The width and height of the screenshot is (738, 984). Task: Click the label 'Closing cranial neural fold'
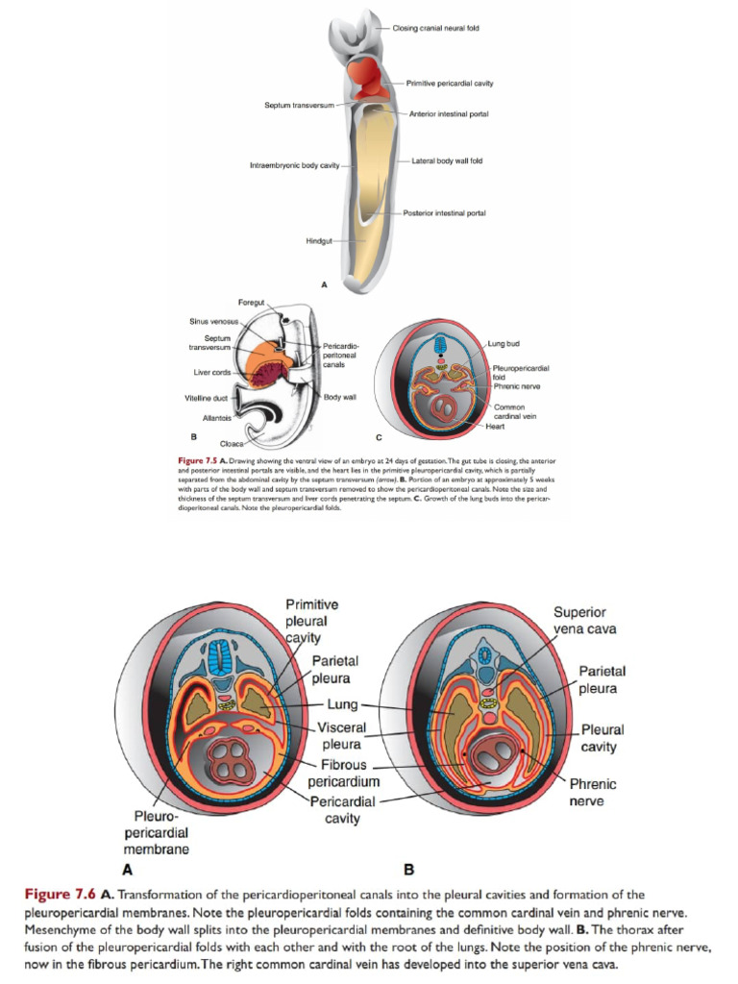[x=435, y=28]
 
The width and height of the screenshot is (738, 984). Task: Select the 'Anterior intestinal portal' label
[x=448, y=114]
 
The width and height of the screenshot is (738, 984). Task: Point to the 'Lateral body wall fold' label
[x=447, y=160]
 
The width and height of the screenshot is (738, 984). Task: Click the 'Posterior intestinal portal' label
[x=444, y=212]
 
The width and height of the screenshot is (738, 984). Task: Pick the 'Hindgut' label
[x=319, y=240]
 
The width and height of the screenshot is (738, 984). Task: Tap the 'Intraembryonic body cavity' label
[x=295, y=166]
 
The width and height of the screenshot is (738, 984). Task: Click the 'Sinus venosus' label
[x=213, y=321]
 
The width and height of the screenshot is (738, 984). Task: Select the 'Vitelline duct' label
[x=205, y=397]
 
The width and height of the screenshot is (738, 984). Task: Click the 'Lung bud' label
[x=504, y=343]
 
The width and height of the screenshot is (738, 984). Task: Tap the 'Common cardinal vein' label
[x=509, y=412]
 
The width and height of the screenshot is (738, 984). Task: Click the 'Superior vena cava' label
[x=579, y=621]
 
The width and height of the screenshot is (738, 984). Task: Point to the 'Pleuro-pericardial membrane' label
[x=156, y=833]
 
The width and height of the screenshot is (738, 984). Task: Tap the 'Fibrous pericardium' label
[x=343, y=774]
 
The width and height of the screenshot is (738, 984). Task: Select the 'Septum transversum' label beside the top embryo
[x=299, y=104]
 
